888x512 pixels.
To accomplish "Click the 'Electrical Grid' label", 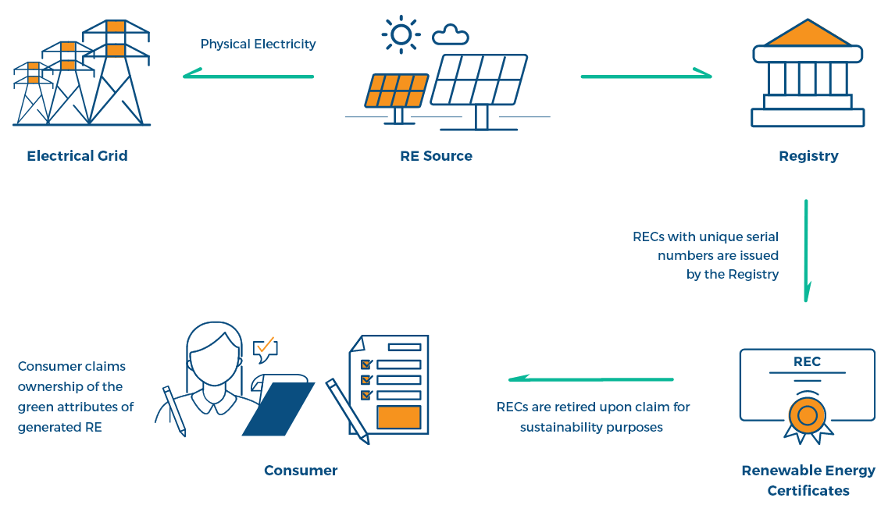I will pyautogui.click(x=77, y=155).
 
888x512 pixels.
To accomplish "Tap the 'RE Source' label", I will pyautogui.click(x=436, y=155).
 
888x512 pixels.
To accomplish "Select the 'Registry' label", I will pyautogui.click(x=808, y=155).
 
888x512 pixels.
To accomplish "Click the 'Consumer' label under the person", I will pyautogui.click(x=301, y=470).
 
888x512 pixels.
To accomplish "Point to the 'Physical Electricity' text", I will pyautogui.click(x=258, y=44).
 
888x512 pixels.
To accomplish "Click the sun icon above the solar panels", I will pyautogui.click(x=401, y=34).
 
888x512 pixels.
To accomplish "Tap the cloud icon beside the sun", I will pyautogui.click(x=451, y=34).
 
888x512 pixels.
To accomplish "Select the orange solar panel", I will pyautogui.click(x=397, y=91).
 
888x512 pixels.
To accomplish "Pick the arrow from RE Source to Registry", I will pyautogui.click(x=646, y=76).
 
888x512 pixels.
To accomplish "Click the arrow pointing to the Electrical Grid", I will pyautogui.click(x=248, y=76).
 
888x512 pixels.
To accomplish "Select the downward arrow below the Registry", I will pyautogui.click(x=806, y=250).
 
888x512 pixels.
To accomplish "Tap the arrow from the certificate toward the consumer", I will pyautogui.click(x=590, y=379).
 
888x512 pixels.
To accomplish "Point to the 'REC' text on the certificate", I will pyautogui.click(x=807, y=362).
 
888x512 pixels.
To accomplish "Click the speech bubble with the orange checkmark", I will pyautogui.click(x=266, y=349).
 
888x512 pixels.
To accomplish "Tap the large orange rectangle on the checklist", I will pyautogui.click(x=398, y=417).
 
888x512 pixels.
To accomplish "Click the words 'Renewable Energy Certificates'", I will pyautogui.click(x=808, y=480).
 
